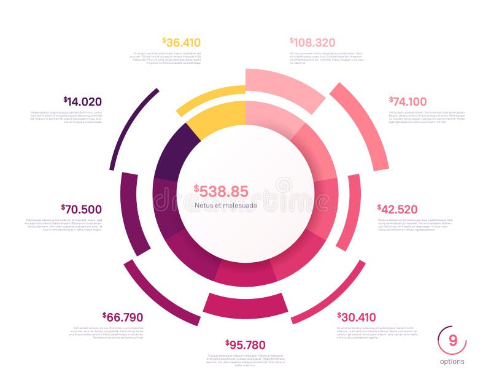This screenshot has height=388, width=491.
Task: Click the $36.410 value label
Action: [182, 42]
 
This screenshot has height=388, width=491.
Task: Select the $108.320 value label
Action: [312, 42]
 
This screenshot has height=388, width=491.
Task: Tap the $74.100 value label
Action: [408, 101]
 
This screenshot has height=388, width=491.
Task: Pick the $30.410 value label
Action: [357, 317]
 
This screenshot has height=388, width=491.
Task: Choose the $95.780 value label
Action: [245, 344]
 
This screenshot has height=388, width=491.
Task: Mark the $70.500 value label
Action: [82, 209]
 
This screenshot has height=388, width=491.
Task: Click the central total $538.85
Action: [221, 192]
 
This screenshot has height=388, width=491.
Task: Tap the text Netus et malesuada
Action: [226, 206]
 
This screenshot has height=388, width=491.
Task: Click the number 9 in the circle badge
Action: [452, 341]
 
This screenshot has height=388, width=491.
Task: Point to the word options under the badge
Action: [452, 362]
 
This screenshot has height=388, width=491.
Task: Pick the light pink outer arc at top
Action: [285, 86]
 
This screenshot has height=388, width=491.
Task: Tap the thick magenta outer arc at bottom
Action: [245, 305]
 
